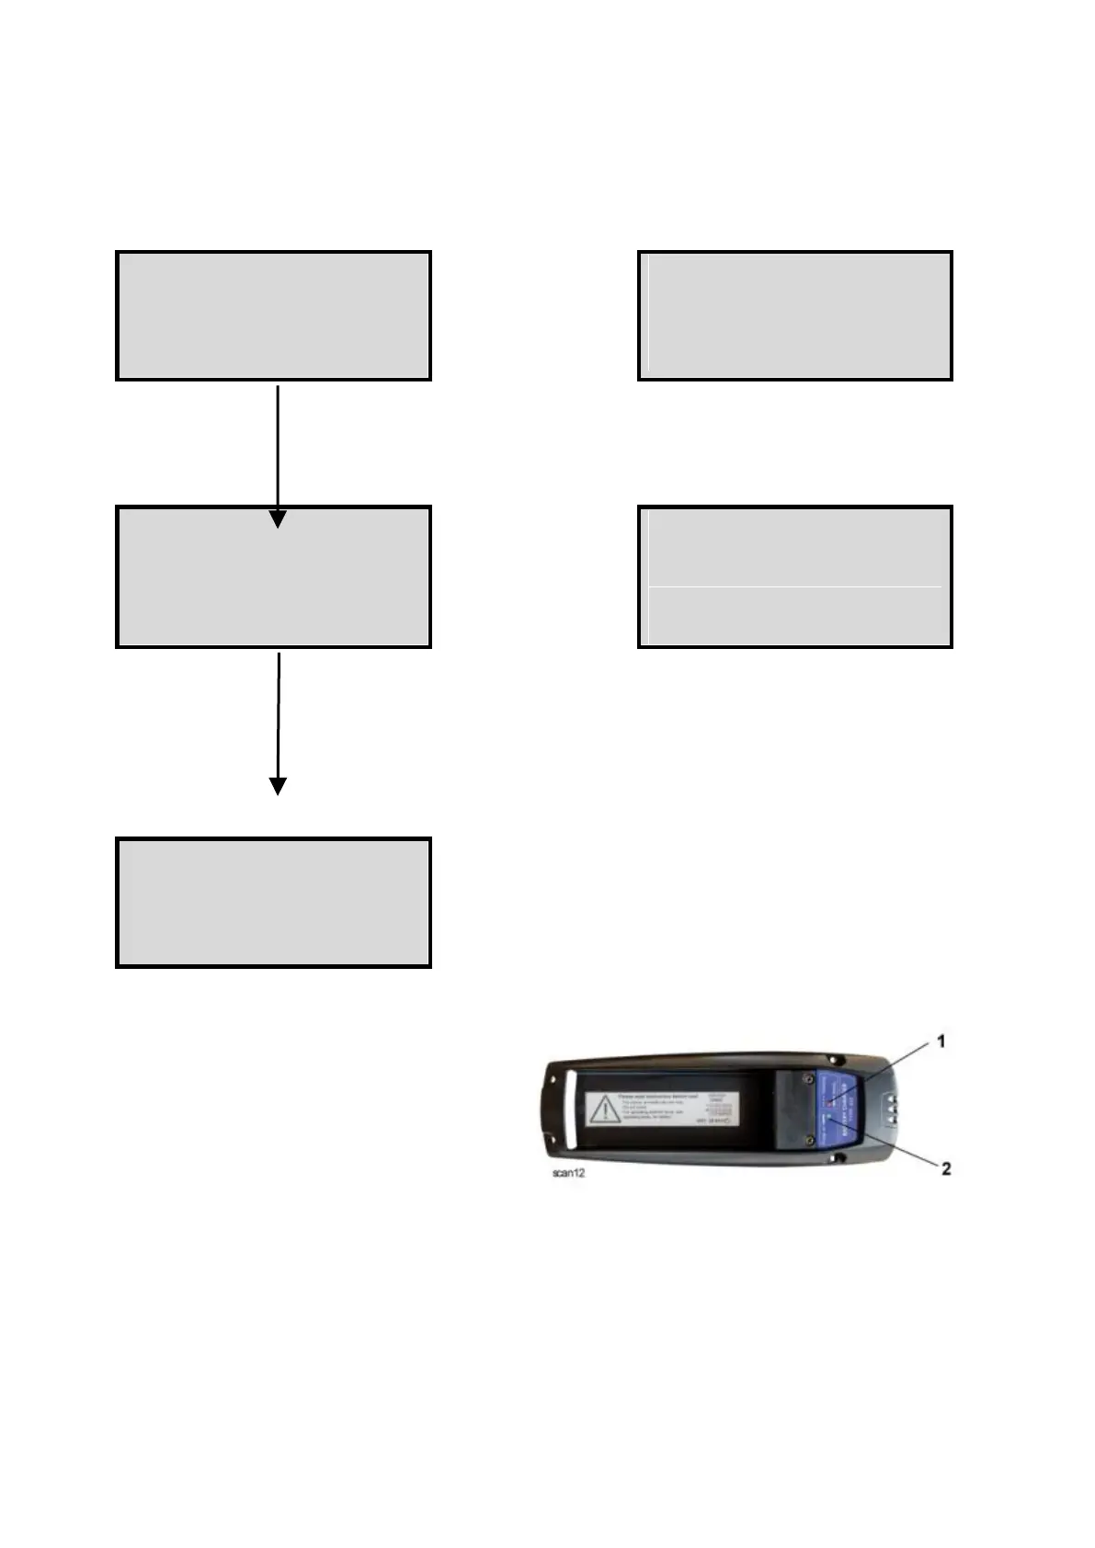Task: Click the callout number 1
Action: pyautogui.click(x=941, y=1041)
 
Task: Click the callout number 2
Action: pyautogui.click(x=944, y=1168)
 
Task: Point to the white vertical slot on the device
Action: pyautogui.click(x=569, y=1111)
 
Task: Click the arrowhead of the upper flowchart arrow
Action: pyautogui.click(x=278, y=518)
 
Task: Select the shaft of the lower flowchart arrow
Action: pyautogui.click(x=278, y=712)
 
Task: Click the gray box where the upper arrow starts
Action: pyautogui.click(x=273, y=315)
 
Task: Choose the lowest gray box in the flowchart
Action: pyautogui.click(x=273, y=902)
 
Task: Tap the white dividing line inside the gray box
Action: pyautogui.click(x=794, y=586)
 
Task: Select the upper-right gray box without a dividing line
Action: pyautogui.click(x=795, y=315)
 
